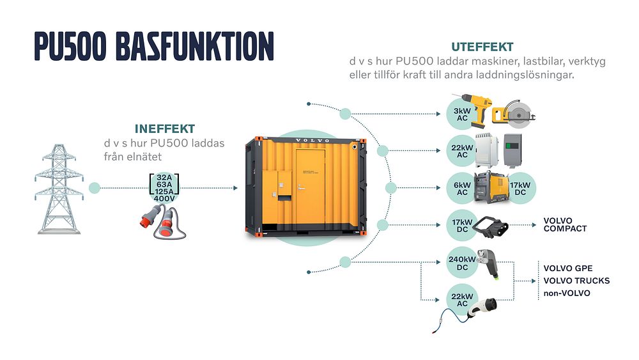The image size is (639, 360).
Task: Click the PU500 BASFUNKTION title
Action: pyautogui.click(x=154, y=47)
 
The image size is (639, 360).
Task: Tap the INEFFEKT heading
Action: pyautogui.click(x=165, y=129)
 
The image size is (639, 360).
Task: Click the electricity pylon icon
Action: pyautogui.click(x=59, y=187)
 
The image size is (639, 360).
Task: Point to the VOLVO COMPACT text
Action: pyautogui.click(x=564, y=224)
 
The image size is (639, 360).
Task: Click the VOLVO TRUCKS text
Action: pyautogui.click(x=576, y=281)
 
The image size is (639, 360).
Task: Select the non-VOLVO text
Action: pyautogui.click(x=567, y=293)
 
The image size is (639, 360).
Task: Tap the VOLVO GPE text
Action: pyautogui.click(x=567, y=268)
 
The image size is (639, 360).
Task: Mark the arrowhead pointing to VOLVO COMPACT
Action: pyautogui.click(x=534, y=225)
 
